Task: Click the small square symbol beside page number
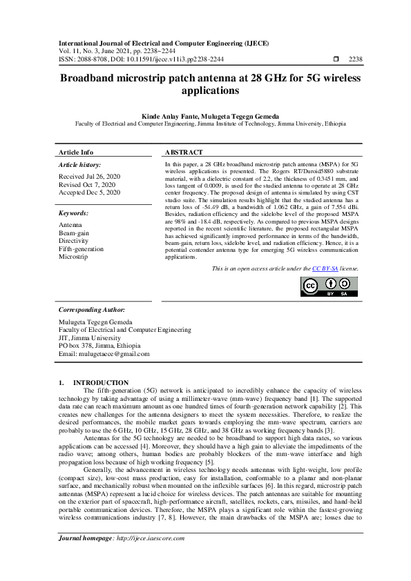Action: (336, 59)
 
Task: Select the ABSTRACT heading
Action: (184, 152)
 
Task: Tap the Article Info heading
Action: (76, 152)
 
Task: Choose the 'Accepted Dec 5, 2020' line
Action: (90, 193)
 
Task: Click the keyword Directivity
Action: (73, 242)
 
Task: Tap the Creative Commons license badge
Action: (329, 286)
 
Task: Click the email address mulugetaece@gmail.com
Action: (104, 354)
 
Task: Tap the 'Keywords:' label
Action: (73, 214)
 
